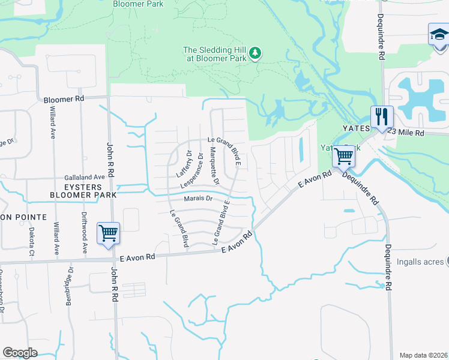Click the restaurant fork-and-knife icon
coord(381,118)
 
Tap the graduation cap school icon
coord(439,35)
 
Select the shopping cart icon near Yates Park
coord(343,157)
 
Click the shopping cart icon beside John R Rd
coord(108,233)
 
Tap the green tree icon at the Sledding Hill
coord(255,53)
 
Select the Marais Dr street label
coord(199,199)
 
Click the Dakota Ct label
coord(32,238)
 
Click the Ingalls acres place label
coord(420,262)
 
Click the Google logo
coord(20,353)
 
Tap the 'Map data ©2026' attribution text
coord(423,355)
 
